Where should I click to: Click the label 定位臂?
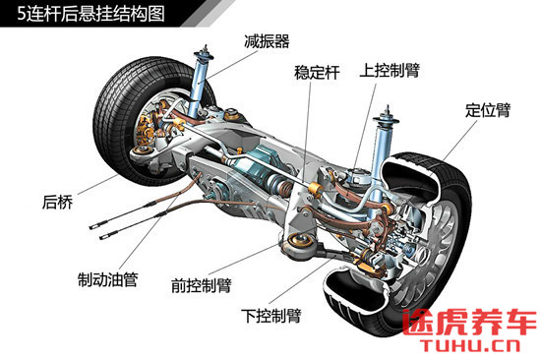(x=487, y=109)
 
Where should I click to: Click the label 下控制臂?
(x=270, y=316)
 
